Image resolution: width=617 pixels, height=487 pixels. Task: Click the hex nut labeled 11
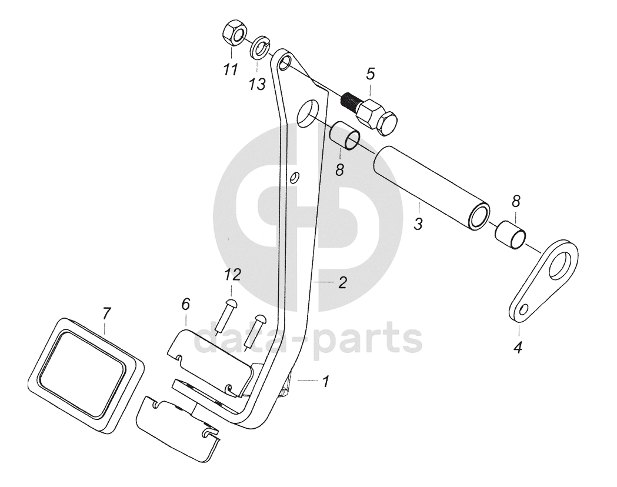click(x=235, y=36)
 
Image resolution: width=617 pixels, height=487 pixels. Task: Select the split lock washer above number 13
click(x=260, y=46)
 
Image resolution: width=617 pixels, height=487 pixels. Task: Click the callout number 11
click(x=230, y=70)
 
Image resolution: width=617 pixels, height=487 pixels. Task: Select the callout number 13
click(x=256, y=85)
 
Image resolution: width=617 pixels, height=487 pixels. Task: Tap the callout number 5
click(x=370, y=74)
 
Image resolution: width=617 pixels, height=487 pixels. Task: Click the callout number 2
click(x=342, y=282)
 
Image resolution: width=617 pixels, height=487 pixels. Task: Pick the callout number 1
click(x=325, y=382)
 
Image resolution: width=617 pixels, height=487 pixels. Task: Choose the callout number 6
click(x=185, y=304)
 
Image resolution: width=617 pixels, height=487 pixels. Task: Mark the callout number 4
click(x=518, y=348)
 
